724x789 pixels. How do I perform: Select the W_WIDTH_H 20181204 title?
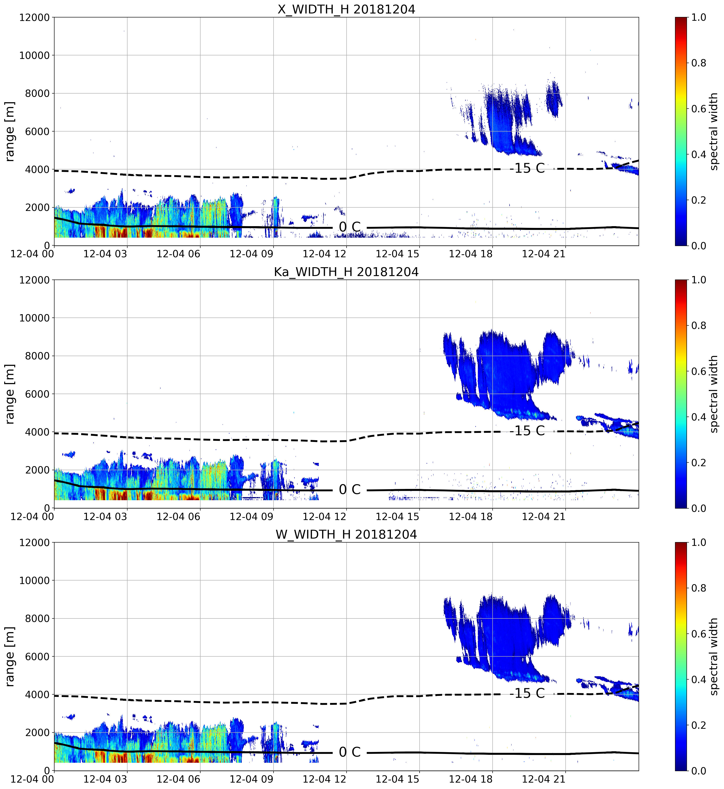(x=346, y=534)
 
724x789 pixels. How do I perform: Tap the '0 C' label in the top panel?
(x=349, y=227)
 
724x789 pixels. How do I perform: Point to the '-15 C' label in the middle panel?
(x=527, y=431)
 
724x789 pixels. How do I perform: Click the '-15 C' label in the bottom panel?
(x=527, y=693)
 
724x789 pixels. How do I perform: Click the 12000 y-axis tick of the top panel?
(x=34, y=18)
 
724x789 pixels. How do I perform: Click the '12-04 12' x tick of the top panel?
(x=325, y=254)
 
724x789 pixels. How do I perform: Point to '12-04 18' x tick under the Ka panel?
(x=471, y=516)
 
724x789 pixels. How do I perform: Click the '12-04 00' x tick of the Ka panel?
(x=32, y=516)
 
